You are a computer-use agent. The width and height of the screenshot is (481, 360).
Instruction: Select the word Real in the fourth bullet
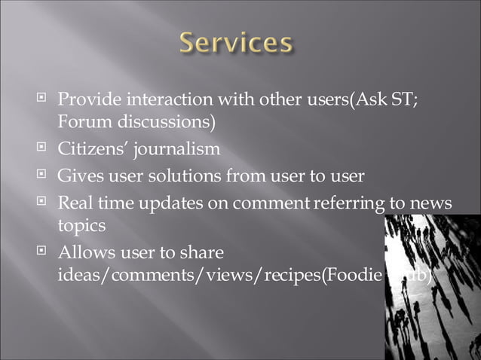(x=75, y=203)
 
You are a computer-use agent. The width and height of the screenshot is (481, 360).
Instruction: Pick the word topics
(x=80, y=224)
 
